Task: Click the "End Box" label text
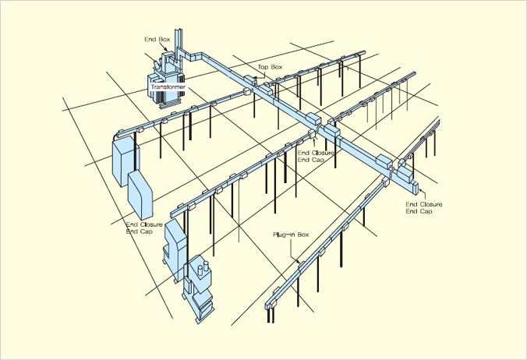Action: click(157, 39)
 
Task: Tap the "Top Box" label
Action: click(270, 67)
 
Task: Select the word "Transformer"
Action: click(168, 87)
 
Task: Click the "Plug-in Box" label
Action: click(291, 235)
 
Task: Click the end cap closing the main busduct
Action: click(415, 188)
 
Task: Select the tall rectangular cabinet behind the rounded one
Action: click(123, 162)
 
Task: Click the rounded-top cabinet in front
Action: click(140, 195)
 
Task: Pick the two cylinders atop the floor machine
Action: click(203, 270)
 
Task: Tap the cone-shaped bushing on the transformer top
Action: click(156, 63)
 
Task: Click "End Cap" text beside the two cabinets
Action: click(139, 231)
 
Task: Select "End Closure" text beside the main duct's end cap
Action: click(424, 204)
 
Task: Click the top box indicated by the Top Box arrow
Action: click(249, 80)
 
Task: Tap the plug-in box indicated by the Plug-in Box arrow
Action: click(301, 265)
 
